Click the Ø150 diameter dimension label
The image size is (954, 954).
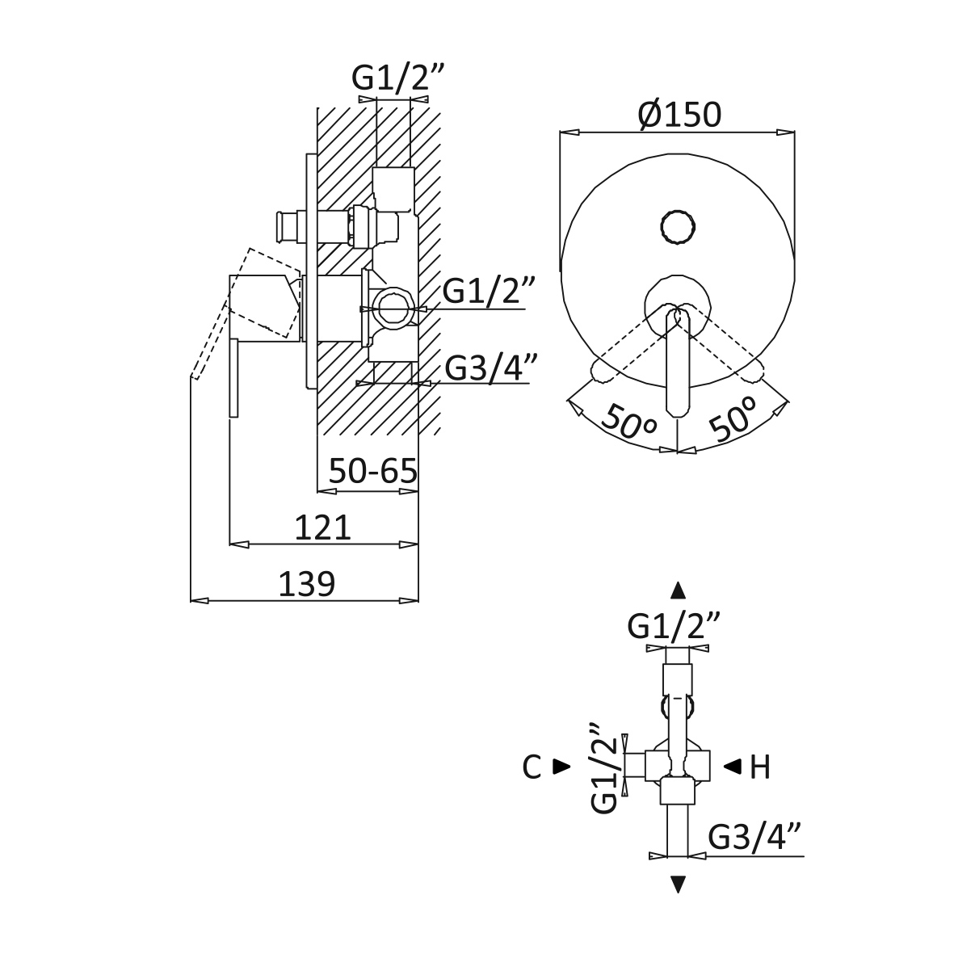[678, 116]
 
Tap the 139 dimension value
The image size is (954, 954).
[306, 583]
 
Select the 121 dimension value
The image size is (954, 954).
[322, 527]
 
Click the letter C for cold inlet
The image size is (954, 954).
[532, 767]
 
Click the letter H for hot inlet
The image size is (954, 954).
[759, 767]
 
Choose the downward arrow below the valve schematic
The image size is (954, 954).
[679, 885]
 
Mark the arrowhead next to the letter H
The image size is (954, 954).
[732, 767]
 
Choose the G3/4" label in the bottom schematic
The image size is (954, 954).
[755, 838]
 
